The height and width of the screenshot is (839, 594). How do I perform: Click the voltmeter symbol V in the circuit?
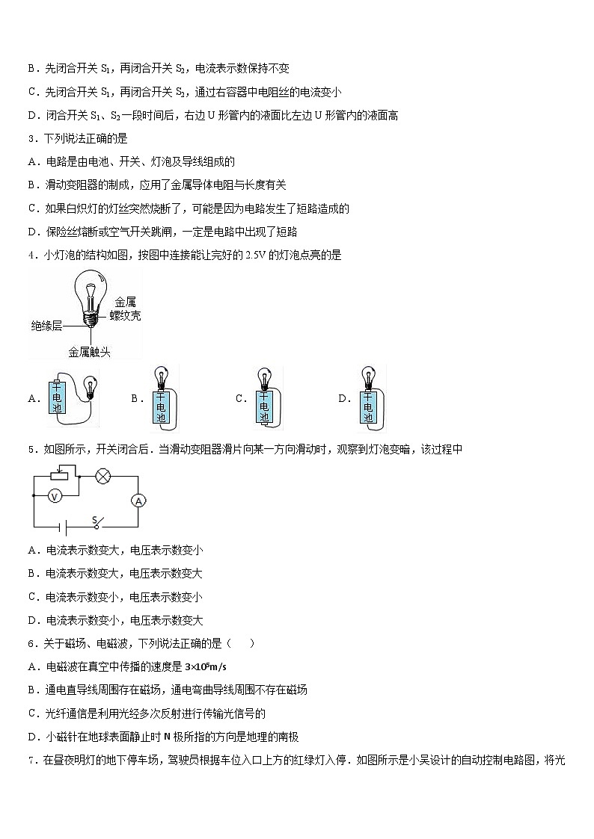coord(54,495)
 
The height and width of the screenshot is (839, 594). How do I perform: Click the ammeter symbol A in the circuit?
coord(138,501)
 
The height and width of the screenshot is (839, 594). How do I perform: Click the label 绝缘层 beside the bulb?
coord(46,326)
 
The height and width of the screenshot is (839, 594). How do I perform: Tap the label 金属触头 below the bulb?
coord(89,351)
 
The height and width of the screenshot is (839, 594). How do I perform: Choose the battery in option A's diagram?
coord(58,397)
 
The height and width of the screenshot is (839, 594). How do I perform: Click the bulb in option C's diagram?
coord(263,376)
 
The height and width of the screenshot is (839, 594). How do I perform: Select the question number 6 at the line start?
coord(31,643)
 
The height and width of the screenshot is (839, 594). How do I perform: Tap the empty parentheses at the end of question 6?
coord(245,643)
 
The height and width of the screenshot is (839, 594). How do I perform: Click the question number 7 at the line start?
coord(31,761)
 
